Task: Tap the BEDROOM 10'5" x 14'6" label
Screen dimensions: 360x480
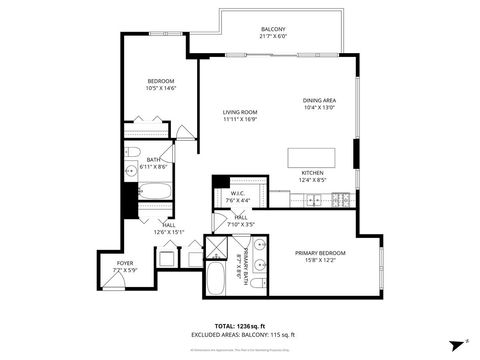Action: pyautogui.click(x=162, y=84)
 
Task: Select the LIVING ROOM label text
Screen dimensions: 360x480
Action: pyautogui.click(x=240, y=116)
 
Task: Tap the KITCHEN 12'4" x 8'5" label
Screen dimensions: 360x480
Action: pyautogui.click(x=313, y=177)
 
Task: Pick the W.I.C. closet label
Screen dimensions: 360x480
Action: pyautogui.click(x=238, y=196)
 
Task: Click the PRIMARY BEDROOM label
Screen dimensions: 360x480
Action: pyautogui.click(x=320, y=257)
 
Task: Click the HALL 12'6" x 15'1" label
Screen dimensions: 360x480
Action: pyautogui.click(x=168, y=228)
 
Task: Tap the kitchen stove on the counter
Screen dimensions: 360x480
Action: pyautogui.click(x=342, y=200)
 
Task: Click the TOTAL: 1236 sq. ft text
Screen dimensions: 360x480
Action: pyautogui.click(x=240, y=326)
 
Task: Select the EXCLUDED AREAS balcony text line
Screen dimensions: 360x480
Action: pyautogui.click(x=240, y=335)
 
